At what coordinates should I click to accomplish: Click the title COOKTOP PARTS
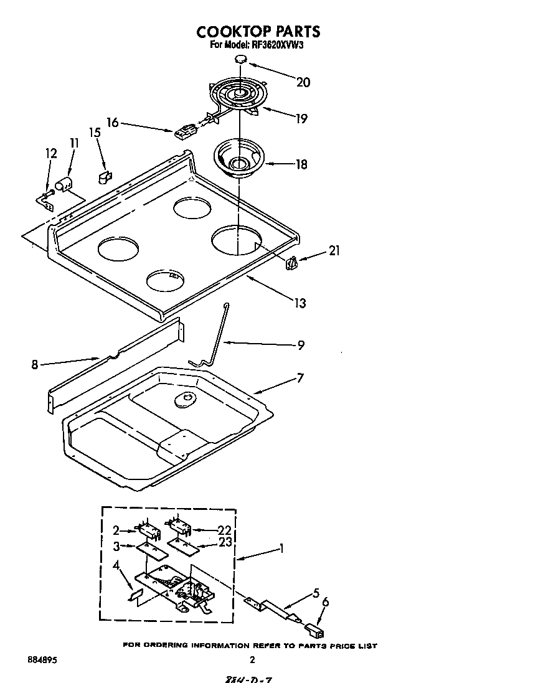(258, 32)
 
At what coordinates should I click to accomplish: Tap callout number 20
(303, 82)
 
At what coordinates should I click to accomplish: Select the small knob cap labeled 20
(241, 59)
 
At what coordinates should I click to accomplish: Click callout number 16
(112, 123)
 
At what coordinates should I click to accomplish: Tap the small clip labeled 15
(104, 177)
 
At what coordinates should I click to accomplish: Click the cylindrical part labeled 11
(64, 184)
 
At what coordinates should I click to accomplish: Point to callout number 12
(51, 153)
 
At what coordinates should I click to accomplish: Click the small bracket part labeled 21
(291, 264)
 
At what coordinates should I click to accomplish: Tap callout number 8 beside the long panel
(34, 365)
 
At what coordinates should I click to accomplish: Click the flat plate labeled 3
(153, 550)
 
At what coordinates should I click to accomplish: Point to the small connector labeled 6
(316, 633)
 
